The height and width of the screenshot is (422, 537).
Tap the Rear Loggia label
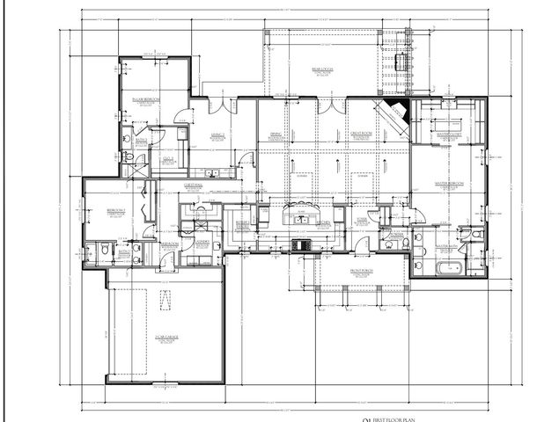[321, 68]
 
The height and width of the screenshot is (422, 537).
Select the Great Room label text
[364, 134]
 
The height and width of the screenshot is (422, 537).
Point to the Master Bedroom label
[450, 184]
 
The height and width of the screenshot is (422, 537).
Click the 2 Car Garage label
[166, 337]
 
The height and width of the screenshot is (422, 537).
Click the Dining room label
[275, 135]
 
